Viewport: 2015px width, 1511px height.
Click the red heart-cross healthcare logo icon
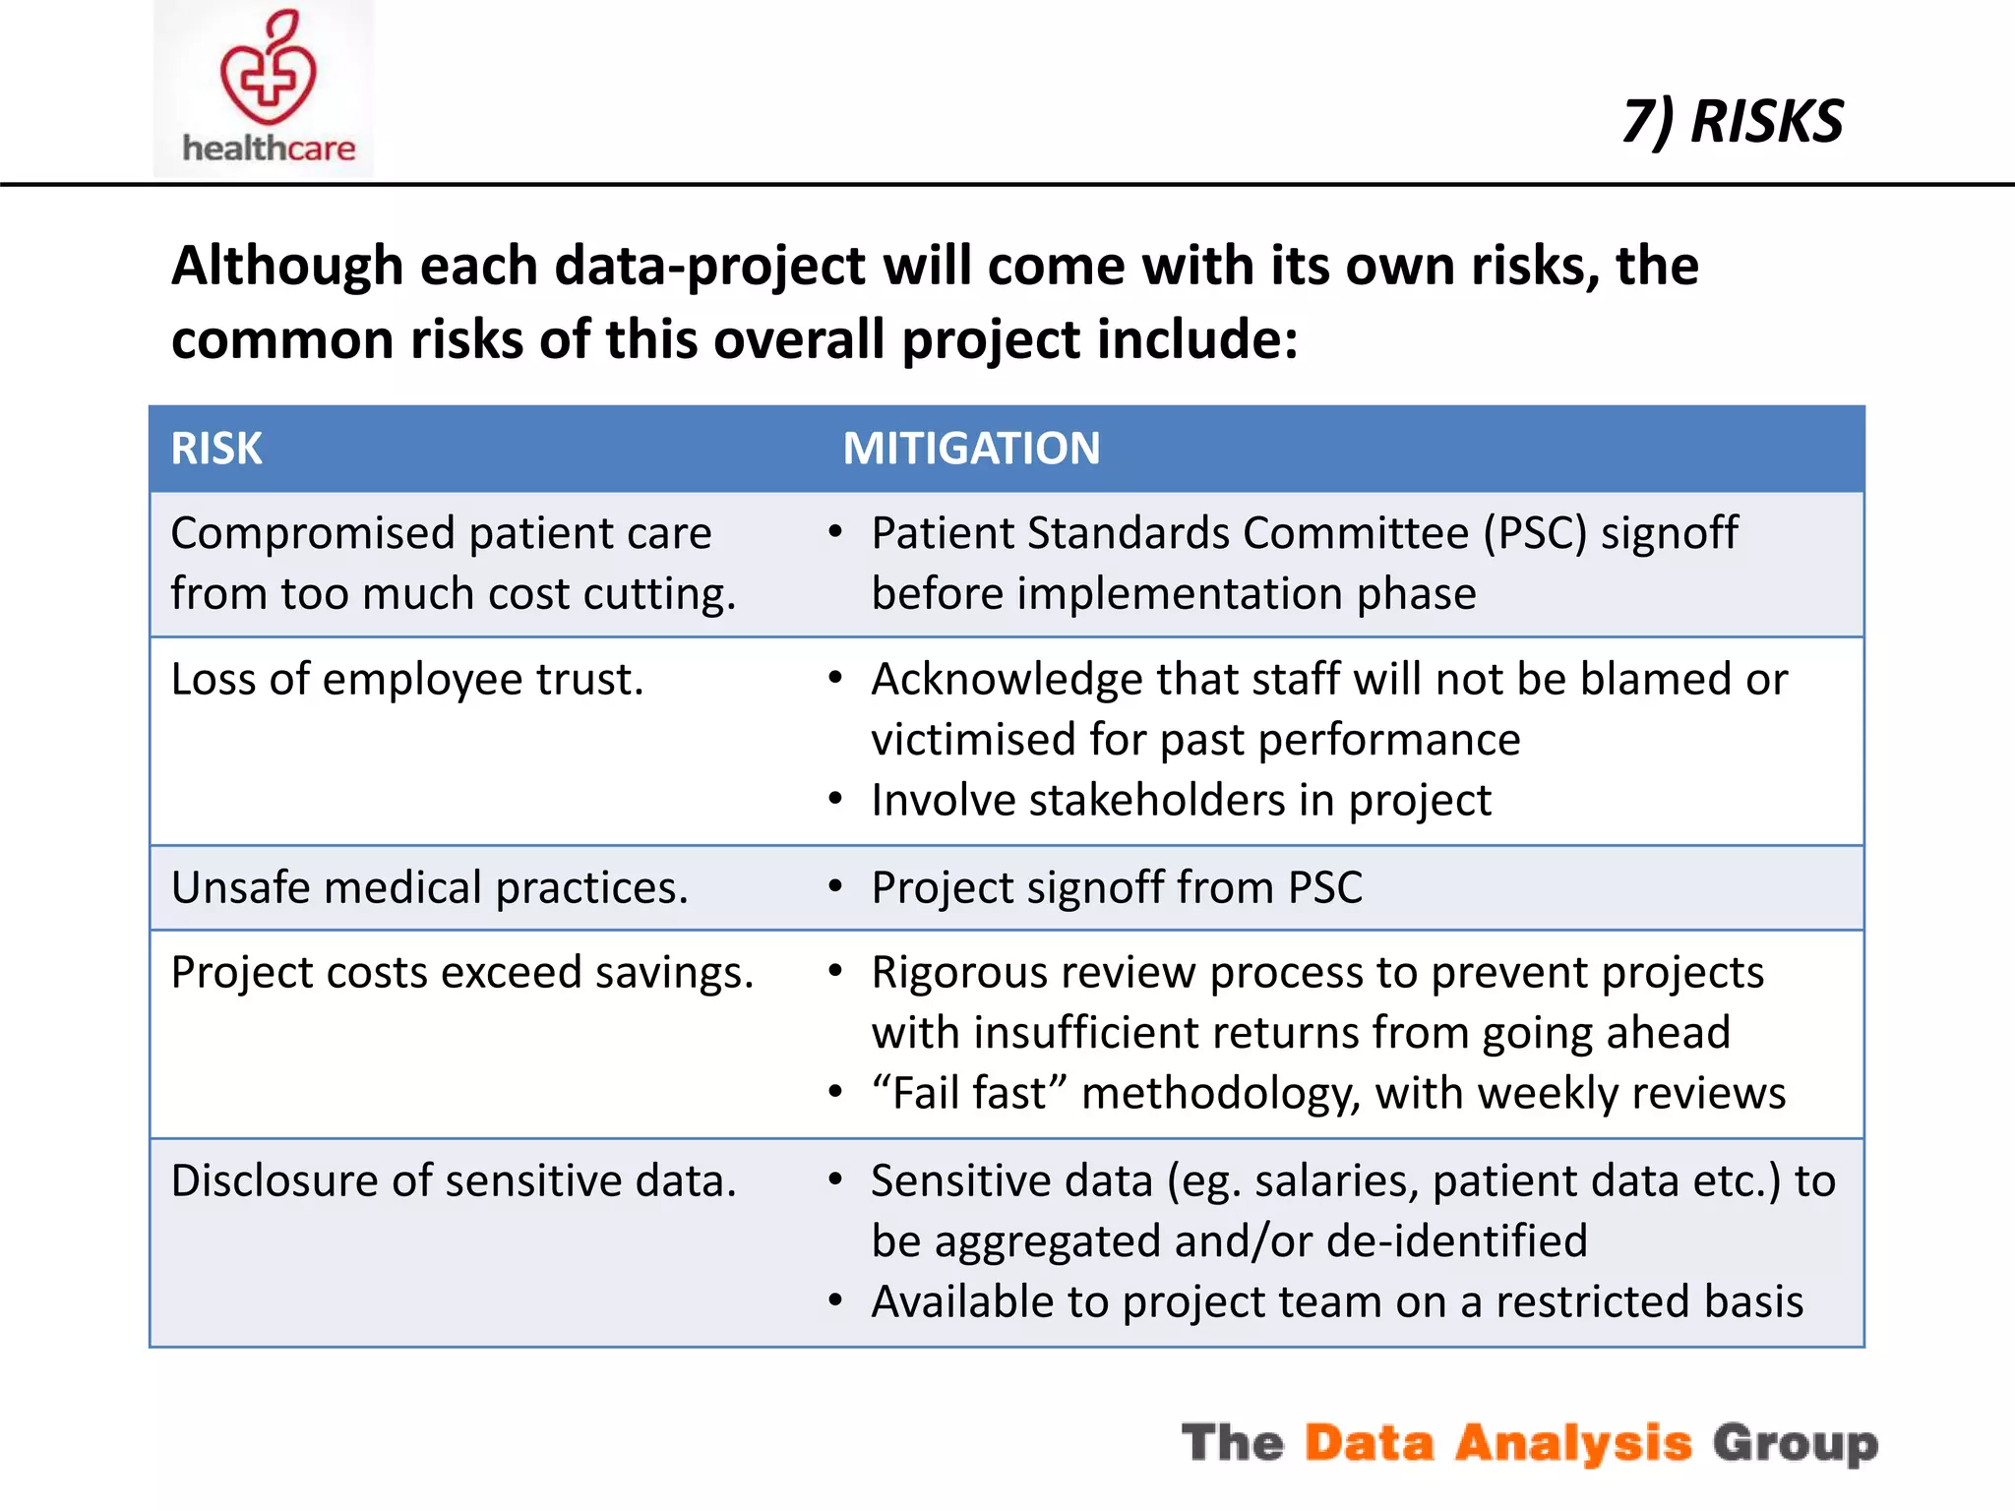coord(268,69)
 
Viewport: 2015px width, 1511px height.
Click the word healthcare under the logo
coord(269,149)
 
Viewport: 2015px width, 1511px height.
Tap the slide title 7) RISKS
coord(1732,122)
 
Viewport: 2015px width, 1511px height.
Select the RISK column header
coord(216,449)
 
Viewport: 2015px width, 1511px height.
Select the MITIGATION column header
coord(971,449)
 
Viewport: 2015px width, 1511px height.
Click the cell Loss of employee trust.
coord(407,680)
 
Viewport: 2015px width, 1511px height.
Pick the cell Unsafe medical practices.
coord(429,887)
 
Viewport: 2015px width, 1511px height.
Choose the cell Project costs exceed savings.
coord(461,973)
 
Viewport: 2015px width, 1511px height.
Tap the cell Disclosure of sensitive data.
coord(453,1180)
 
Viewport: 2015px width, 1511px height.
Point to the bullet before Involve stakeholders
coord(835,799)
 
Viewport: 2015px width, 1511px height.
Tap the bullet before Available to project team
coord(835,1301)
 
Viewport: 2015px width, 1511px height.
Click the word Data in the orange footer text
coord(1369,1443)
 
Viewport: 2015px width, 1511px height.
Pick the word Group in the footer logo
coord(1795,1443)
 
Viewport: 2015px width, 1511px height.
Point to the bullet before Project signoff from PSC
coord(835,887)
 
